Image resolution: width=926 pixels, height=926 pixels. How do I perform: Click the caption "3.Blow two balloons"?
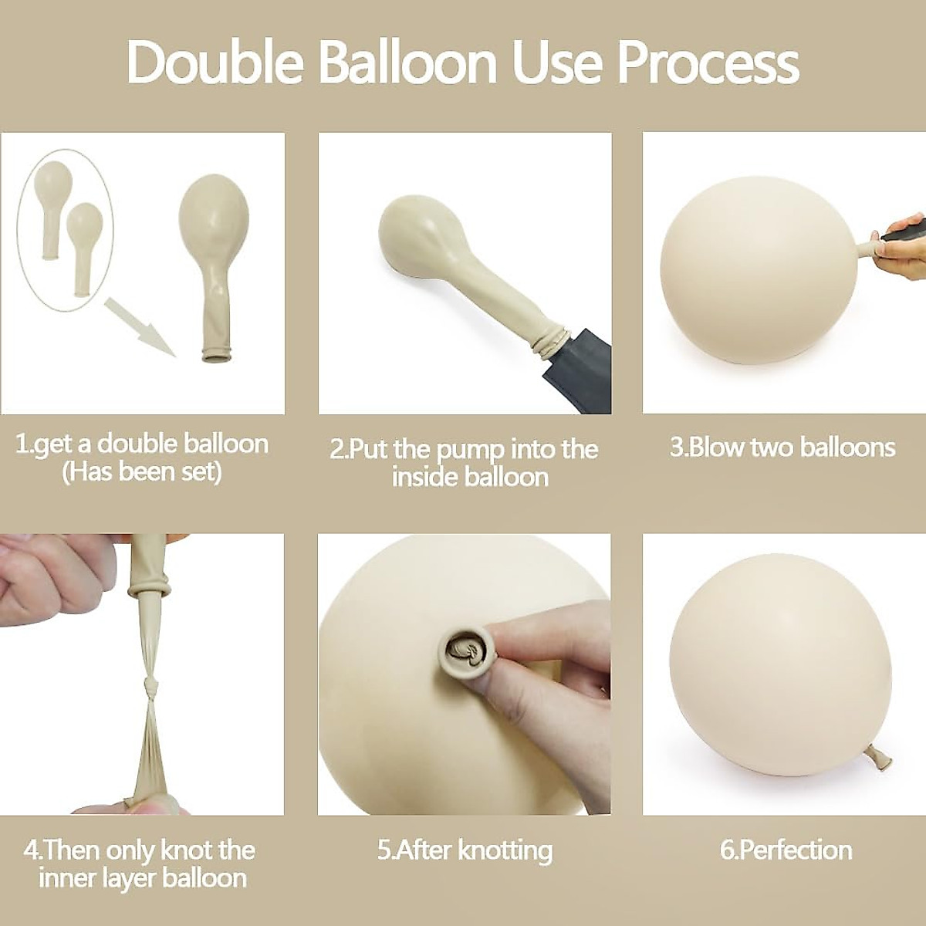(x=782, y=448)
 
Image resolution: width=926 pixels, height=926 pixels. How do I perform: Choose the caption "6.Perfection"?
(x=786, y=850)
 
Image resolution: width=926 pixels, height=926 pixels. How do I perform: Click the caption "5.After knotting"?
(x=465, y=850)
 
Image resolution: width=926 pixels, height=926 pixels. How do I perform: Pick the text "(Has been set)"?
(x=141, y=471)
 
